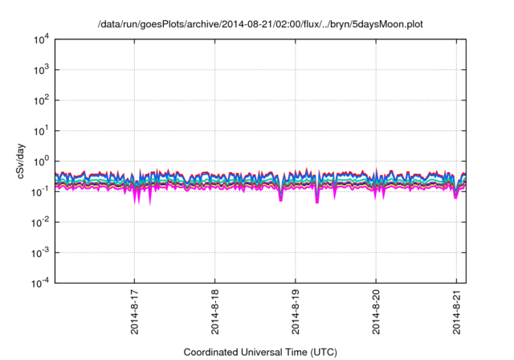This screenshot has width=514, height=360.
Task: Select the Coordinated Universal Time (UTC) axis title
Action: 260,352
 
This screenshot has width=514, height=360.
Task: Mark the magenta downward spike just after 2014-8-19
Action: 317,198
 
